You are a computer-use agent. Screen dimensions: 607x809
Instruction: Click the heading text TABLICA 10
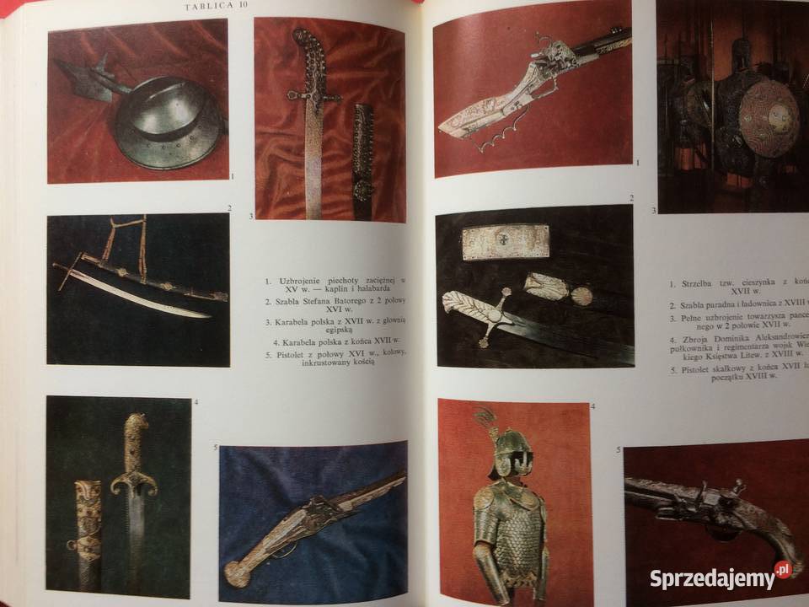click(217, 7)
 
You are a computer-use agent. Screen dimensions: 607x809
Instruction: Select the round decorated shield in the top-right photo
click(769, 118)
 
